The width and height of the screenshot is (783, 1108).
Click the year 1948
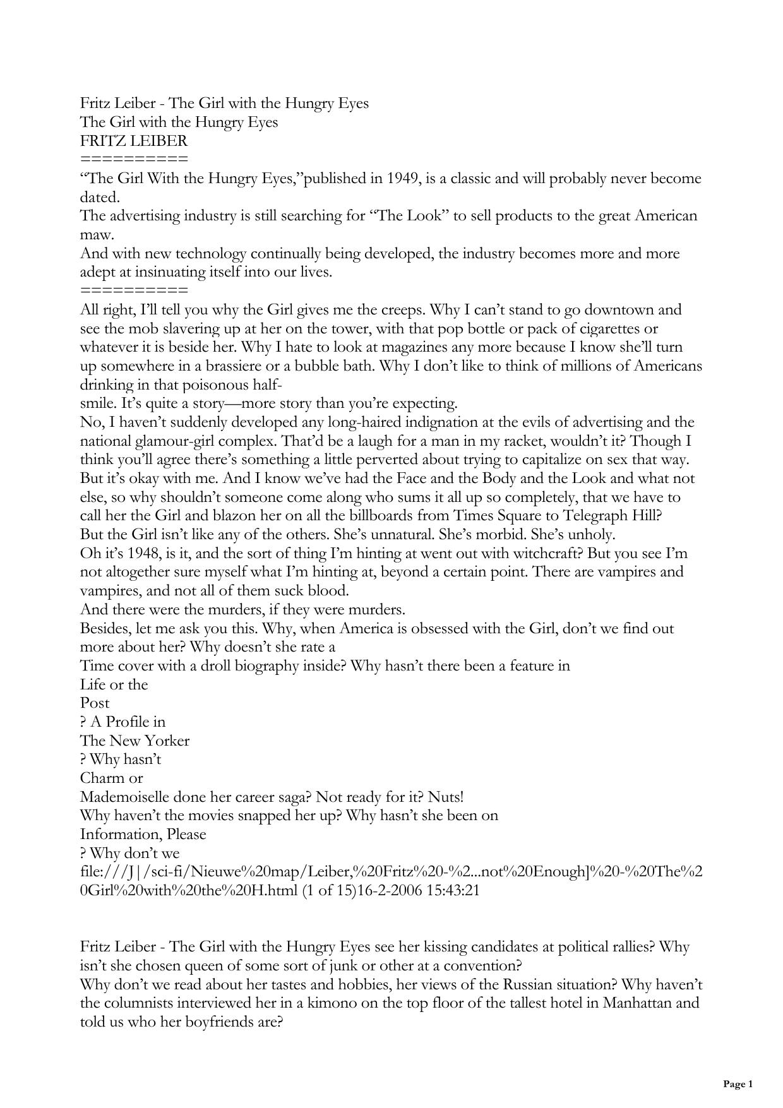(x=147, y=554)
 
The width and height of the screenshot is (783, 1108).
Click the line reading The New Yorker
(x=134, y=741)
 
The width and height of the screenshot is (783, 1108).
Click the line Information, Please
(x=143, y=834)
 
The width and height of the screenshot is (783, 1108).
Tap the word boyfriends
(x=218, y=1022)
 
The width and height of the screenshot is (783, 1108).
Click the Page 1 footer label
(x=738, y=1085)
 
